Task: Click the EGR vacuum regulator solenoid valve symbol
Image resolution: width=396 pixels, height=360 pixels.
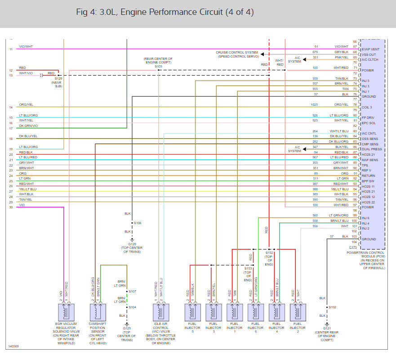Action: pyautogui.click(x=66, y=311)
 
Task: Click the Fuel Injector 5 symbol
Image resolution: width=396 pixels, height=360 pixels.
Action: pyautogui.click(x=192, y=311)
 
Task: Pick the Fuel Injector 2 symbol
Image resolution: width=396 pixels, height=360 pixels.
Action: pyautogui.click(x=297, y=311)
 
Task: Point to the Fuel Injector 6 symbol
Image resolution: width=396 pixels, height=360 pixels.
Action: pyautogui.click(x=255, y=311)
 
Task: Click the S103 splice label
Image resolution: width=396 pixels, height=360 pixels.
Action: pyautogui.click(x=158, y=67)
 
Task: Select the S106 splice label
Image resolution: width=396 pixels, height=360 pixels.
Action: pyautogui.click(x=138, y=223)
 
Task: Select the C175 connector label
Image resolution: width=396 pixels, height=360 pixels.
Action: pyautogui.click(x=354, y=247)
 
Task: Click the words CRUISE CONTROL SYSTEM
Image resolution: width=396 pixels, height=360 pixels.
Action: pyautogui.click(x=237, y=52)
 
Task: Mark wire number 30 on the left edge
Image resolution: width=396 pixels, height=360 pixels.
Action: pyautogui.click(x=10, y=207)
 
